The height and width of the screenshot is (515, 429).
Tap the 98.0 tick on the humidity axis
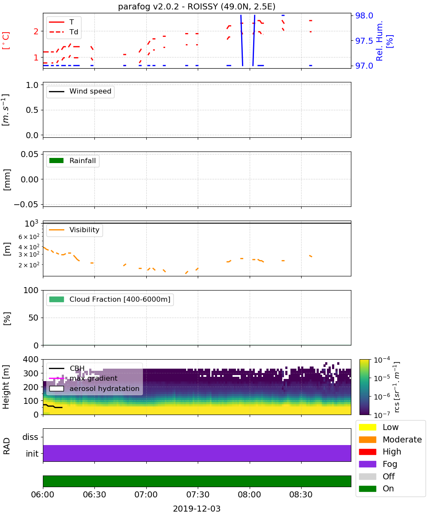pyautogui.click(x=364, y=15)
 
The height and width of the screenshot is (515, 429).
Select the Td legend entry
pyautogui.click(x=63, y=32)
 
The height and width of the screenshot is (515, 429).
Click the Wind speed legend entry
pyautogui.click(x=80, y=91)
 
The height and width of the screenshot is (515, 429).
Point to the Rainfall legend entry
pyautogui.click(x=72, y=161)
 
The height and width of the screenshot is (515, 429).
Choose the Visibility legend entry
pyautogui.click(x=74, y=230)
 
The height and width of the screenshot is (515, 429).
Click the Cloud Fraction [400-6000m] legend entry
pyautogui.click(x=110, y=299)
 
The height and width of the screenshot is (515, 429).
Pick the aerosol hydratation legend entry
pyautogui.click(x=94, y=388)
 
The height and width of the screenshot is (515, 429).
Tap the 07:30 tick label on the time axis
pyautogui.click(x=198, y=494)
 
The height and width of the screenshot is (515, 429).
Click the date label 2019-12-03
pyautogui.click(x=196, y=509)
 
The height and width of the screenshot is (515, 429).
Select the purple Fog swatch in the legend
pyautogui.click(x=367, y=464)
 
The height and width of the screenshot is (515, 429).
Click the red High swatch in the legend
pyautogui.click(x=367, y=451)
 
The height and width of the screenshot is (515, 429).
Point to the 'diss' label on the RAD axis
pyautogui.click(x=30, y=437)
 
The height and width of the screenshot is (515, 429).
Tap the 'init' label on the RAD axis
pyautogui.click(x=32, y=453)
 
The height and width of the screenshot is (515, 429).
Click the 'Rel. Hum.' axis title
pyautogui.click(x=379, y=41)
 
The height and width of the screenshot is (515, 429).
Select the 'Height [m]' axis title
pyautogui.click(x=6, y=387)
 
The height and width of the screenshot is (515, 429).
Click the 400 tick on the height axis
pyautogui.click(x=30, y=359)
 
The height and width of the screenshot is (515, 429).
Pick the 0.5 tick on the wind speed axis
pyautogui.click(x=32, y=110)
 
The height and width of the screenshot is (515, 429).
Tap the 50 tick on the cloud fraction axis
pyautogui.click(x=33, y=318)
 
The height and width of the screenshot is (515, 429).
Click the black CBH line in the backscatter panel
pyautogui.click(x=52, y=406)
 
